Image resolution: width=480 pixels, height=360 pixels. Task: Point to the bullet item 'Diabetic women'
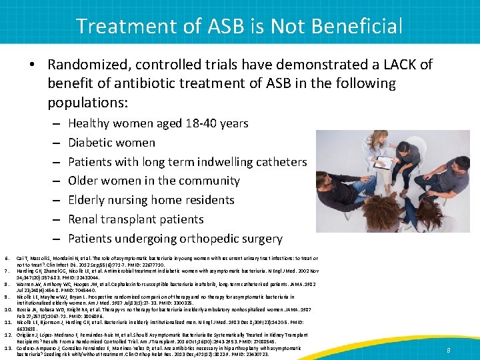[111, 143]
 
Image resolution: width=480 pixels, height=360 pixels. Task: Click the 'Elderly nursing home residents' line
[151, 200]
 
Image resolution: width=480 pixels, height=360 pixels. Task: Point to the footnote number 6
[7, 258]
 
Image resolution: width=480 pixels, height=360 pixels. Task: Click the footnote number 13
[9, 348]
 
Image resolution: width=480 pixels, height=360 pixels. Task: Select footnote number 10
[9, 310]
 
